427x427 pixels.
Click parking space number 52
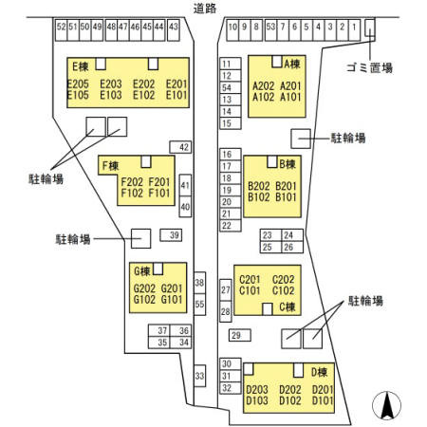pyautogui.click(x=61, y=30)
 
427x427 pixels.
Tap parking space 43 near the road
pyautogui.click(x=174, y=30)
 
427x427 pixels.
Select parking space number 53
pyautogui.click(x=270, y=30)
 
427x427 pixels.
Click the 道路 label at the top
pyautogui.click(x=205, y=9)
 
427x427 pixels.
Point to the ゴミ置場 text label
pyautogui.click(x=370, y=67)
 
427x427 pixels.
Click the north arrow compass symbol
pyautogui.click(x=386, y=405)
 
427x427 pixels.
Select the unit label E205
pyautogui.click(x=78, y=84)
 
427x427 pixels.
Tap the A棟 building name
pyautogui.click(x=292, y=65)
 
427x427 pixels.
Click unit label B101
pyautogui.click(x=286, y=197)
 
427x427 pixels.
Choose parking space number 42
pyautogui.click(x=180, y=147)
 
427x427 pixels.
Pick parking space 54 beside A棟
pyautogui.click(x=231, y=87)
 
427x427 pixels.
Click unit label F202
pyautogui.click(x=132, y=182)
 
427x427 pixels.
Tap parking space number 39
pyautogui.click(x=171, y=235)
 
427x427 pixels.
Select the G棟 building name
pyautogui.click(x=142, y=271)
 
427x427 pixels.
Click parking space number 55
pyautogui.click(x=199, y=304)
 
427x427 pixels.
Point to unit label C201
pyautogui.click(x=250, y=280)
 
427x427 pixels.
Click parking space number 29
pyautogui.click(x=240, y=335)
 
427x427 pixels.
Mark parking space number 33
pyautogui.click(x=199, y=376)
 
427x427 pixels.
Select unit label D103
pyautogui.click(x=257, y=400)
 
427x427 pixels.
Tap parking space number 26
pyautogui.click(x=292, y=247)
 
